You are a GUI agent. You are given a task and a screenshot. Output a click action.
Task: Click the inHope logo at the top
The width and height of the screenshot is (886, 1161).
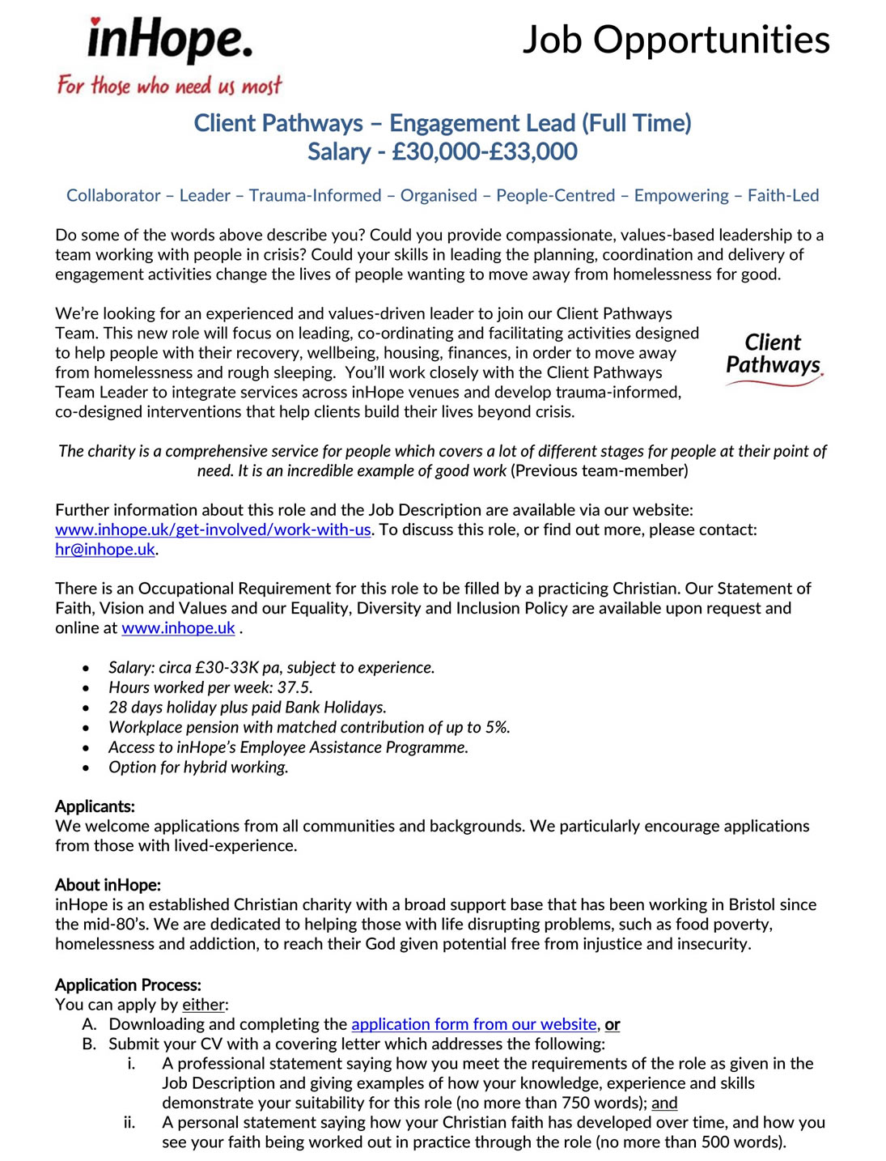point(170,40)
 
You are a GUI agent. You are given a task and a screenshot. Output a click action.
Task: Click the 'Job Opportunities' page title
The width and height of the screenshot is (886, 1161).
point(676,40)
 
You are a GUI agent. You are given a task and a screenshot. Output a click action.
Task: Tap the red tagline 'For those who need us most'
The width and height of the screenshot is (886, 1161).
point(169,85)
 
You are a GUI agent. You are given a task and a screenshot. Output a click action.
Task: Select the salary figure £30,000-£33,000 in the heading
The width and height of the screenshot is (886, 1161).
point(484,151)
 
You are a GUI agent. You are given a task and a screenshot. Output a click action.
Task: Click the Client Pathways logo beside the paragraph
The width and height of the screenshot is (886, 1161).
point(773,359)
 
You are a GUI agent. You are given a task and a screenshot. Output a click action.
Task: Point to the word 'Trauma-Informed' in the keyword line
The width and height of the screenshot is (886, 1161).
point(315,195)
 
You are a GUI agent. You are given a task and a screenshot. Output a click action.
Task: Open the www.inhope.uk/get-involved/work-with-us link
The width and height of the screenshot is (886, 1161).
point(213,529)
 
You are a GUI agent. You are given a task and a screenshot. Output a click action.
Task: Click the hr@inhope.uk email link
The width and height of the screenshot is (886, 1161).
point(105,549)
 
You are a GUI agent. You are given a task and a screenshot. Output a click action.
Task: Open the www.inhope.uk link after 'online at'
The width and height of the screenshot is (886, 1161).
point(178,627)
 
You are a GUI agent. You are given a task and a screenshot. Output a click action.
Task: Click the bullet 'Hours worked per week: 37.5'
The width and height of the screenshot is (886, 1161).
point(210,687)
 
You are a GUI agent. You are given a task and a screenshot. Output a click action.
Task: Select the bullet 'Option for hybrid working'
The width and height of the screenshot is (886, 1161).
point(198,767)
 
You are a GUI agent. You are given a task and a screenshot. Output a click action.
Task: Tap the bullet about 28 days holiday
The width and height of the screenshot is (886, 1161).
point(247,707)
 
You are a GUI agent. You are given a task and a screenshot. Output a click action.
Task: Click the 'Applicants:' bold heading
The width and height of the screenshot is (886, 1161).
point(95,806)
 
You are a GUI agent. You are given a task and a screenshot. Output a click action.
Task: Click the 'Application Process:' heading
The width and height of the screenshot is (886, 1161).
point(128,985)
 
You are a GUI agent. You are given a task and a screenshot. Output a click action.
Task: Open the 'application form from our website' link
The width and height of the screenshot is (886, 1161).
point(473,1024)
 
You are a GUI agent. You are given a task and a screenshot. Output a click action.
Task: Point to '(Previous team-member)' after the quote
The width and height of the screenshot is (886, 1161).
point(600,470)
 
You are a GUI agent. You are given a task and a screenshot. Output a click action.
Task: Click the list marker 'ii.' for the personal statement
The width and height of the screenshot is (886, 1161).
point(129,1122)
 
